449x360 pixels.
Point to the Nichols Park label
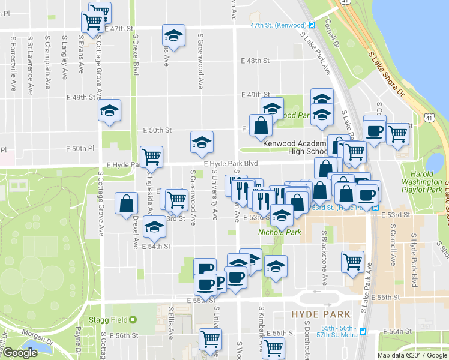pos(279,232)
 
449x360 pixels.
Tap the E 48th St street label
pos(255,61)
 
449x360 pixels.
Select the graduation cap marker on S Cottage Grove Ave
pos(110,110)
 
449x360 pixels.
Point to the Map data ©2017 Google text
pos(411,355)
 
